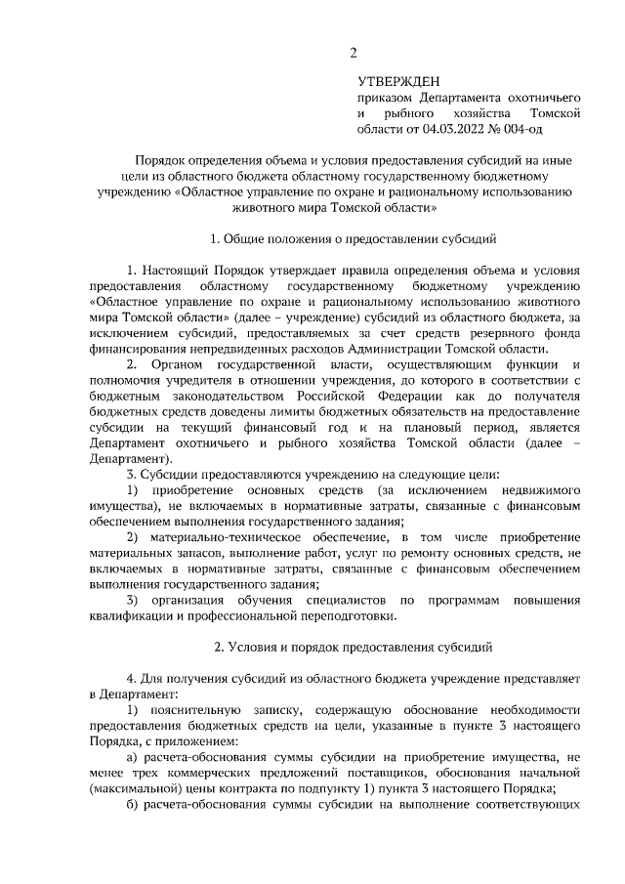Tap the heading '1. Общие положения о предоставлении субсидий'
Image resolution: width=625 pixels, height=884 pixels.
(354, 237)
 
